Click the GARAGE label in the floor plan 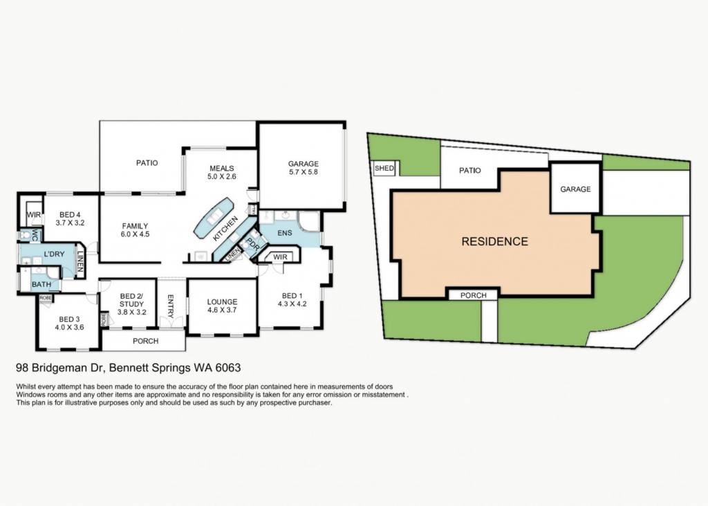point(304,164)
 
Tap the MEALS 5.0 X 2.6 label point(222,172)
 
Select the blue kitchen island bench point(213,218)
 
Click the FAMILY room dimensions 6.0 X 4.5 point(135,234)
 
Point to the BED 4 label point(70,215)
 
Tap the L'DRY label point(54,254)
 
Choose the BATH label point(41,284)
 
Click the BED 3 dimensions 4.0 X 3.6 point(69,328)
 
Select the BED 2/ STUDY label point(131,300)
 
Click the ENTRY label point(171,306)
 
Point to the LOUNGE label point(222,302)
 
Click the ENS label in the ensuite point(284,233)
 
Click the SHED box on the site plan point(384,169)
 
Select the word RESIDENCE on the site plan point(495,241)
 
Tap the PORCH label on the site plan point(473,295)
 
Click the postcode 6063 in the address point(228,368)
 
